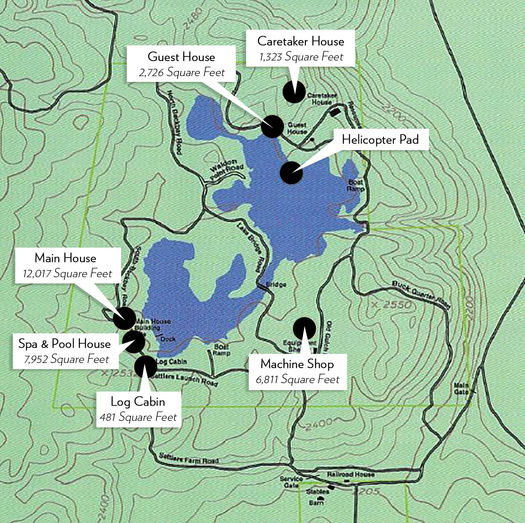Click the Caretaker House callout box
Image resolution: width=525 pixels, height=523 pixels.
click(301, 48)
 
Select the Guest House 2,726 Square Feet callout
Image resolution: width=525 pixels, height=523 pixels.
click(181, 64)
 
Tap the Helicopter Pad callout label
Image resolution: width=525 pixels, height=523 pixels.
click(380, 139)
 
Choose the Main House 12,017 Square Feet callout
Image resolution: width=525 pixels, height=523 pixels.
click(68, 265)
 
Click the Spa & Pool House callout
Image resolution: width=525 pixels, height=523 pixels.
click(65, 351)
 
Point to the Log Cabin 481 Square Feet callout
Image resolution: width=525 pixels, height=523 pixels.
click(138, 409)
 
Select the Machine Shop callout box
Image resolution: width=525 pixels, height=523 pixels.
click(298, 371)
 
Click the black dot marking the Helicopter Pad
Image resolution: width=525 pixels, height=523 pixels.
click(291, 173)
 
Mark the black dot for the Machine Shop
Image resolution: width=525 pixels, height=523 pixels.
click(304, 328)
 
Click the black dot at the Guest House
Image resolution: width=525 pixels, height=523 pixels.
click(272, 126)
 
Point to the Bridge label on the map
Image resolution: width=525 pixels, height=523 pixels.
click(276, 284)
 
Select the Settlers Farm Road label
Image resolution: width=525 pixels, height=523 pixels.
click(189, 458)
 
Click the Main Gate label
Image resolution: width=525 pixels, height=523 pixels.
click(461, 388)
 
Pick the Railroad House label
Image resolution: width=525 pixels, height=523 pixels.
click(351, 474)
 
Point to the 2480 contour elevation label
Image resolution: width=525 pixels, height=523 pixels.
click(192, 18)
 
